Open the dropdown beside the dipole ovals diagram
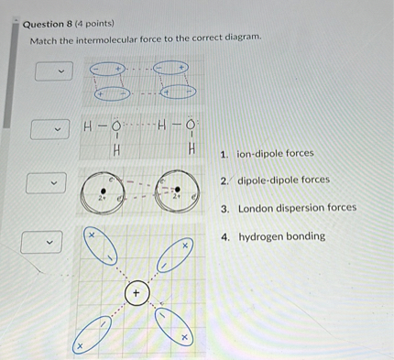51,71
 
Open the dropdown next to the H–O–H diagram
51,129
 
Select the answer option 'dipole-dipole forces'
283,180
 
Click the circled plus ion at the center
136,293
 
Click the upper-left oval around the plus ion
102,246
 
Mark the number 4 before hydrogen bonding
225,236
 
